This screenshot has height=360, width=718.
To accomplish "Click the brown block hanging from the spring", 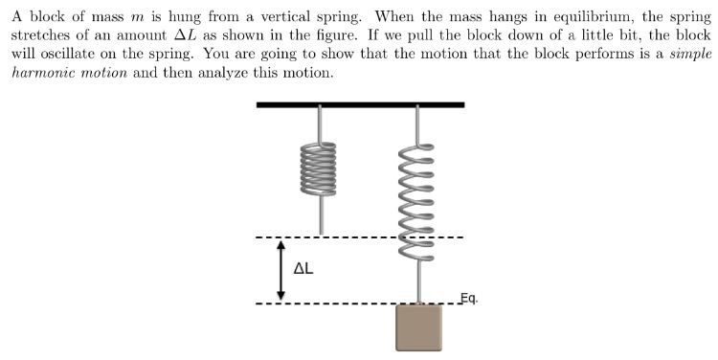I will (x=419, y=327).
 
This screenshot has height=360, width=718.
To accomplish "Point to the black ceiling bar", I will (x=360, y=104).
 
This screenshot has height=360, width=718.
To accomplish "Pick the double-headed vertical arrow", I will (x=280, y=270).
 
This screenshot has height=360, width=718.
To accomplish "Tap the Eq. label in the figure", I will (x=468, y=298).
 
